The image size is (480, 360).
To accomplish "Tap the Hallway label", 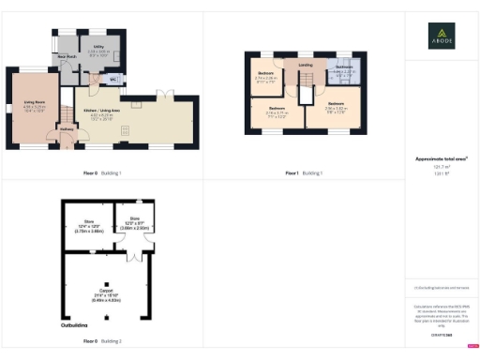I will click(x=67, y=131).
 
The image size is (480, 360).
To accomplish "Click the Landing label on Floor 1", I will click(x=306, y=65).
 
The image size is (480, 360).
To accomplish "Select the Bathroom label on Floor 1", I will click(x=344, y=67).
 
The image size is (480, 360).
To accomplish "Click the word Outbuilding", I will click(x=75, y=325).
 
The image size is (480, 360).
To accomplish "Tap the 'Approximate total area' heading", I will click(x=442, y=160).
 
